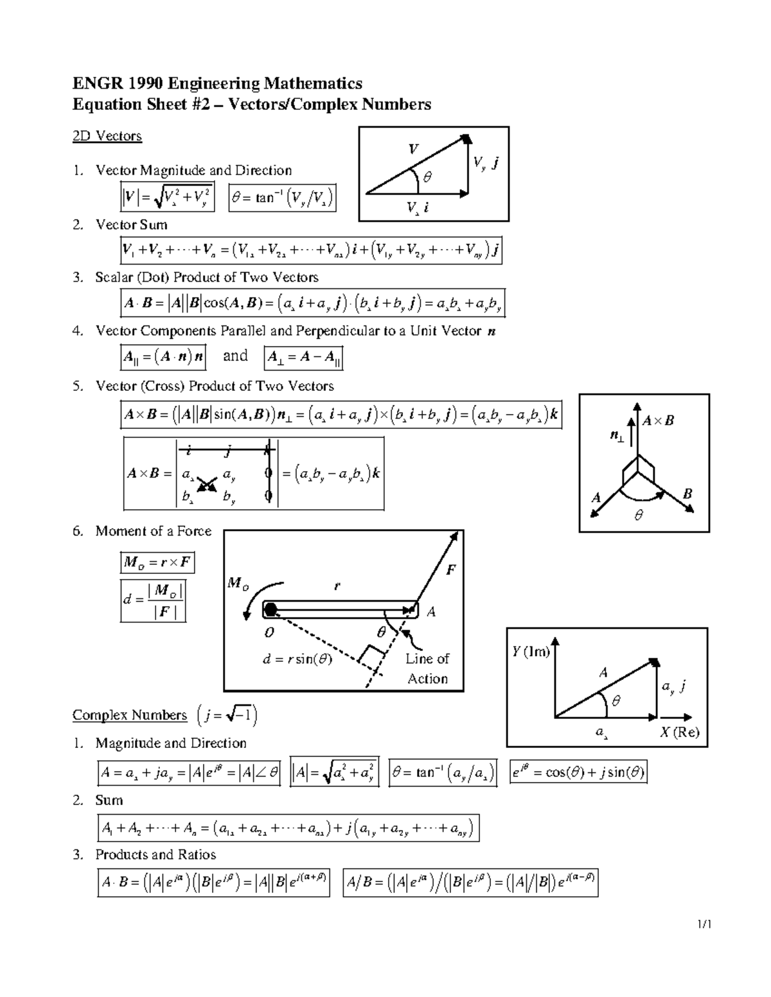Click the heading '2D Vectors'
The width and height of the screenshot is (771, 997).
tap(107, 136)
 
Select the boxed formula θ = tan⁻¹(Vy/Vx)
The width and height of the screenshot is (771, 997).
tap(282, 198)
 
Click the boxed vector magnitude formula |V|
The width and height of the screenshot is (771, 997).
tap(167, 198)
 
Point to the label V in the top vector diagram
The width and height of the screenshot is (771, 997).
tap(414, 149)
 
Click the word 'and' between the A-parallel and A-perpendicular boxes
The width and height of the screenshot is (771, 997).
tap(235, 356)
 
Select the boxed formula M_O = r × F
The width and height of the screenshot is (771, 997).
tap(157, 563)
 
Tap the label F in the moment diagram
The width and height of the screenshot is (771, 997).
tap(450, 569)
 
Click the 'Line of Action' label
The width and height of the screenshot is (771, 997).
tap(427, 668)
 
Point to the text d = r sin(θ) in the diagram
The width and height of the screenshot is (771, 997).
tap(297, 659)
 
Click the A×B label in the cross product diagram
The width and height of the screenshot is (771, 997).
tap(659, 421)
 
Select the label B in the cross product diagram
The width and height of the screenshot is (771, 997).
tap(687, 494)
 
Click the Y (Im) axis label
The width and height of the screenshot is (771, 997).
tap(531, 652)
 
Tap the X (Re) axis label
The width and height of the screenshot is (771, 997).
tap(679, 733)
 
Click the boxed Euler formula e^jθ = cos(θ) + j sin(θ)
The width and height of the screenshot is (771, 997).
tap(578, 772)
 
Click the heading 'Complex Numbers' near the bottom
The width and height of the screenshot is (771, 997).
tap(129, 715)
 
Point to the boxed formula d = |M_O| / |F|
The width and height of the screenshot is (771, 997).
tap(153, 600)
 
